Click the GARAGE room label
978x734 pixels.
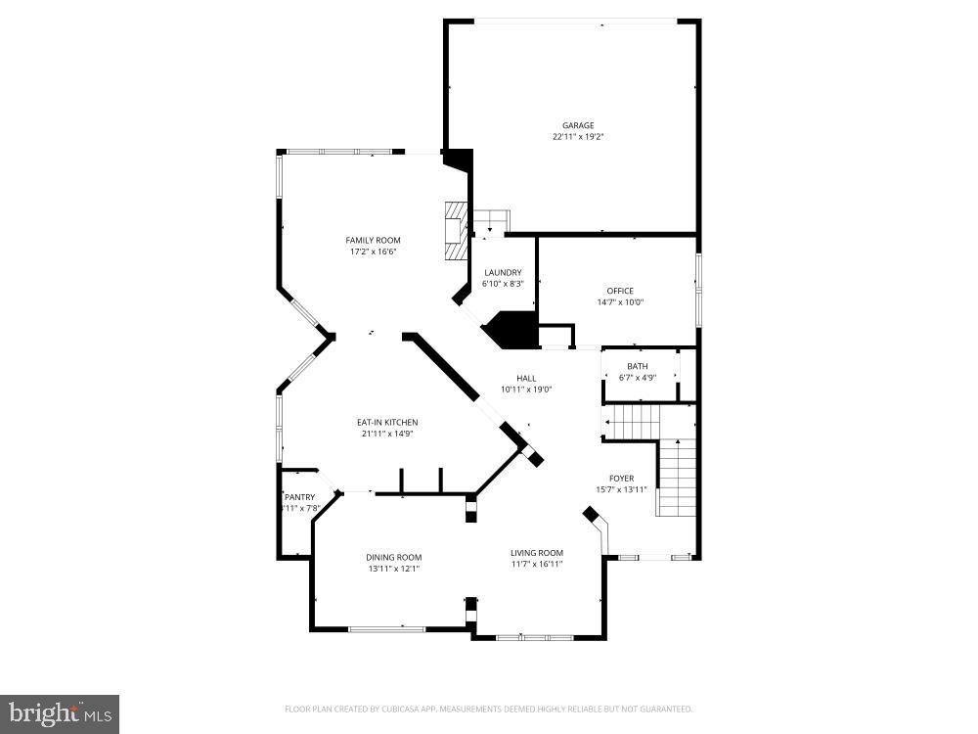(x=577, y=125)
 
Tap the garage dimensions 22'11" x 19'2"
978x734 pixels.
(x=577, y=137)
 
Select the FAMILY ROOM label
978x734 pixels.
(x=373, y=241)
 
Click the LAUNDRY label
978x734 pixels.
(x=503, y=273)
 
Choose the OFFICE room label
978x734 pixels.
(x=620, y=291)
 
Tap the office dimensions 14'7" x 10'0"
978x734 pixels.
(x=620, y=302)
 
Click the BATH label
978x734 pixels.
(x=638, y=367)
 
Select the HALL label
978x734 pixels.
(x=526, y=378)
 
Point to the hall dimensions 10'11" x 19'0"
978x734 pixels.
(x=526, y=390)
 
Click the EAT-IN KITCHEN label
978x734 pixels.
(x=387, y=423)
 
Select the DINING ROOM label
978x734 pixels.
(x=394, y=558)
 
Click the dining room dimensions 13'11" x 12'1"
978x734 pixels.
(x=394, y=570)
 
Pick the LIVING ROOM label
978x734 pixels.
(x=537, y=553)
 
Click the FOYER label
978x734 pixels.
(x=622, y=479)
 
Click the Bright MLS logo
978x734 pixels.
(x=60, y=713)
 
